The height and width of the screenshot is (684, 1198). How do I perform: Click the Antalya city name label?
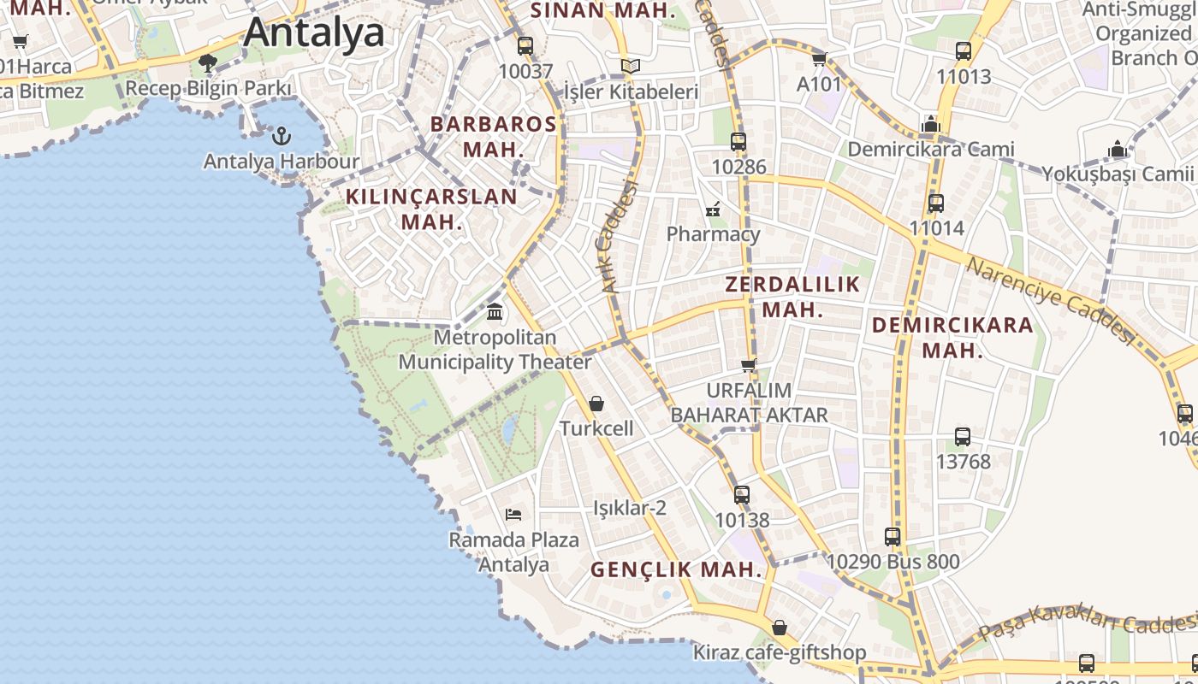[314, 32]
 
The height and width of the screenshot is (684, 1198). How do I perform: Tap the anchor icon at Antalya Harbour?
[281, 136]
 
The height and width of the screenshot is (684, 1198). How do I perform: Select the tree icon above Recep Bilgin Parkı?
[207, 62]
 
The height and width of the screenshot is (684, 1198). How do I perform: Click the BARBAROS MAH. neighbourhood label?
[493, 136]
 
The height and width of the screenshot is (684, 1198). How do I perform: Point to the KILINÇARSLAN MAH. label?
[431, 209]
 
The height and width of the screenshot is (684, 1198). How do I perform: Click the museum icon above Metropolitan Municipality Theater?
[495, 312]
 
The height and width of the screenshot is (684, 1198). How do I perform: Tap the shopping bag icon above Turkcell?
[596, 404]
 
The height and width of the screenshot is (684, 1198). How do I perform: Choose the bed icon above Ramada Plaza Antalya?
[513, 514]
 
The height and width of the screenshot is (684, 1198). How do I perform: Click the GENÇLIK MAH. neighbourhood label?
[676, 569]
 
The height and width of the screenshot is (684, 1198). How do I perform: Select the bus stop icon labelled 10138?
[742, 494]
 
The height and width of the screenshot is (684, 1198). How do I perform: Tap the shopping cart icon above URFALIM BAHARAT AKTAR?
[749, 365]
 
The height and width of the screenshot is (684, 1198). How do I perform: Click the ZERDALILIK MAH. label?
[792, 297]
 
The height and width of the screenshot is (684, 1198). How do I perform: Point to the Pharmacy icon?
[713, 209]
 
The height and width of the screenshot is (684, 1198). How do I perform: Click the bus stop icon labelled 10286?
[738, 142]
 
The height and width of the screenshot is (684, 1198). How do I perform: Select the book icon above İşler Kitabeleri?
[631, 66]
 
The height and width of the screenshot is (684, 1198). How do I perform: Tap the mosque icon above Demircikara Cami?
[931, 125]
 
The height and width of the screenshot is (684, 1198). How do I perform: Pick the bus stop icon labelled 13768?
[963, 437]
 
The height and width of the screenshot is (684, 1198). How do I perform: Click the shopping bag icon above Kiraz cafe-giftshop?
[779, 628]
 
